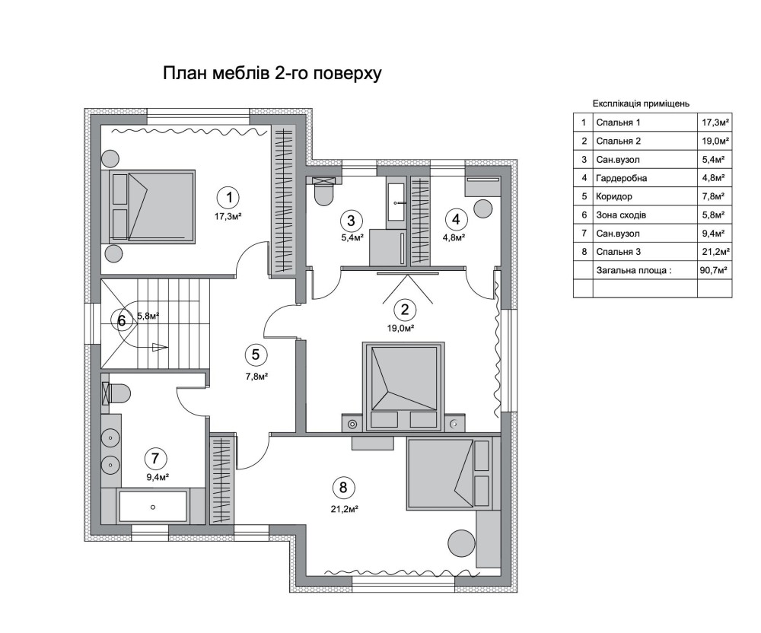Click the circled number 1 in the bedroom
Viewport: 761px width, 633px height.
click(x=229, y=197)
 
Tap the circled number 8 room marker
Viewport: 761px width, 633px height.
click(x=343, y=487)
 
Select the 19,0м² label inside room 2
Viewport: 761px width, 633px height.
click(x=400, y=329)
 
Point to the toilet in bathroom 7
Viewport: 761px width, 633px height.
click(x=116, y=393)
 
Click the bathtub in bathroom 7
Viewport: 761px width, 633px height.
click(x=153, y=507)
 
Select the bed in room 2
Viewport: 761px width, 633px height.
click(x=403, y=386)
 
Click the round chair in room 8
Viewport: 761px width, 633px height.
click(x=462, y=543)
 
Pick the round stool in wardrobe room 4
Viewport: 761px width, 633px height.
click(x=484, y=208)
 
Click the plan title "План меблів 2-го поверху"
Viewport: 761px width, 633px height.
click(x=272, y=73)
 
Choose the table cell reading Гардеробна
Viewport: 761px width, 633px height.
click(x=621, y=178)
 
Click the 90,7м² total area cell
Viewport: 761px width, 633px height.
click(x=714, y=270)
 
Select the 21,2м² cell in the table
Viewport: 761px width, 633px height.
click(x=715, y=252)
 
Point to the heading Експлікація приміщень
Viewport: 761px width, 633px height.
click(x=641, y=103)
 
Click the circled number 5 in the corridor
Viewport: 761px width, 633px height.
click(x=255, y=355)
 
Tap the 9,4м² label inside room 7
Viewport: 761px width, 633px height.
click(x=158, y=477)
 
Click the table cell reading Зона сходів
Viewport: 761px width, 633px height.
click(x=621, y=215)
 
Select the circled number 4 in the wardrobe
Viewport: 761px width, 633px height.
click(x=456, y=219)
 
